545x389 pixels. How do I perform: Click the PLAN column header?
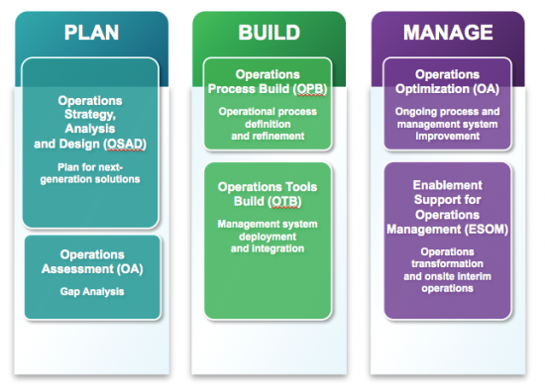click(x=90, y=34)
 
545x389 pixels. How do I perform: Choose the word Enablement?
click(x=447, y=185)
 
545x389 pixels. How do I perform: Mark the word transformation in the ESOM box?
click(x=447, y=264)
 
